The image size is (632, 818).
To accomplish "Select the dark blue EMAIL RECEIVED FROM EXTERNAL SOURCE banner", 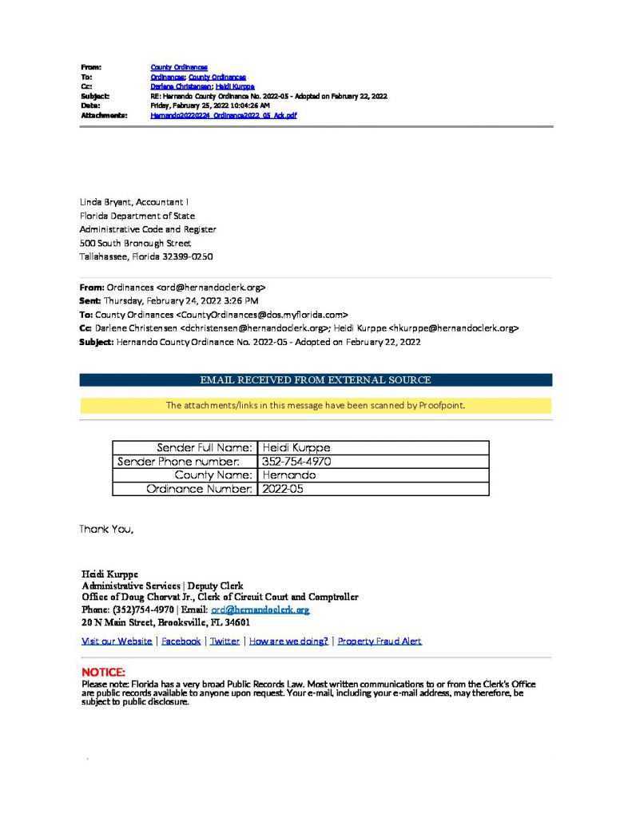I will point(316,380).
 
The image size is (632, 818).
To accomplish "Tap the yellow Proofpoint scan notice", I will point(316,405).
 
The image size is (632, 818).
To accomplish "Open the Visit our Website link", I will point(117,641).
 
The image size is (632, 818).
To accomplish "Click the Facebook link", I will point(181,641).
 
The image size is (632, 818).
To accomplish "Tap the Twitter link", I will point(225,641).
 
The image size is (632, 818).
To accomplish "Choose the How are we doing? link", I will point(289,641).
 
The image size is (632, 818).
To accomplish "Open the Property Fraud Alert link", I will point(380,641).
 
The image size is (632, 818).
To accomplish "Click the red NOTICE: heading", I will point(104,672).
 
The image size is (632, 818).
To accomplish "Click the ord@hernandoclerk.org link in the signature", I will point(260,610).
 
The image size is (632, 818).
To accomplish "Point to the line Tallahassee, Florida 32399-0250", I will point(146,256).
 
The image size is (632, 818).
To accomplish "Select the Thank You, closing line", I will point(106,529).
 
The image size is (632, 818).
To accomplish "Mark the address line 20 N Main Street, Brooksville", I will point(166,622).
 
